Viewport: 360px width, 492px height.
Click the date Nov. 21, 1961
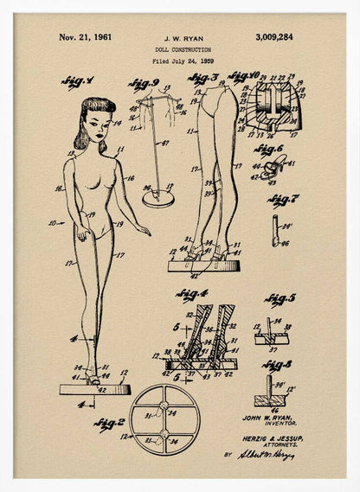[85, 37]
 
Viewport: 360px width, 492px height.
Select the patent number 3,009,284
[273, 37]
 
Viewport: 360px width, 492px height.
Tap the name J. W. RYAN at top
[180, 39]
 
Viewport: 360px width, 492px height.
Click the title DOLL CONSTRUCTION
[181, 51]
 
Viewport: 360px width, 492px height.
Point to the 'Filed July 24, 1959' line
[181, 62]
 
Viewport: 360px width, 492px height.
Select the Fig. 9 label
[144, 83]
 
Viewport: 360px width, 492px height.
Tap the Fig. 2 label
[110, 423]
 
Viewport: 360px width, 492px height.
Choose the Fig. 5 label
[280, 299]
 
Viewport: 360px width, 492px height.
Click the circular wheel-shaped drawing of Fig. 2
[164, 419]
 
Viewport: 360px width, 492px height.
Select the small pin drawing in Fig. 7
[275, 230]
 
